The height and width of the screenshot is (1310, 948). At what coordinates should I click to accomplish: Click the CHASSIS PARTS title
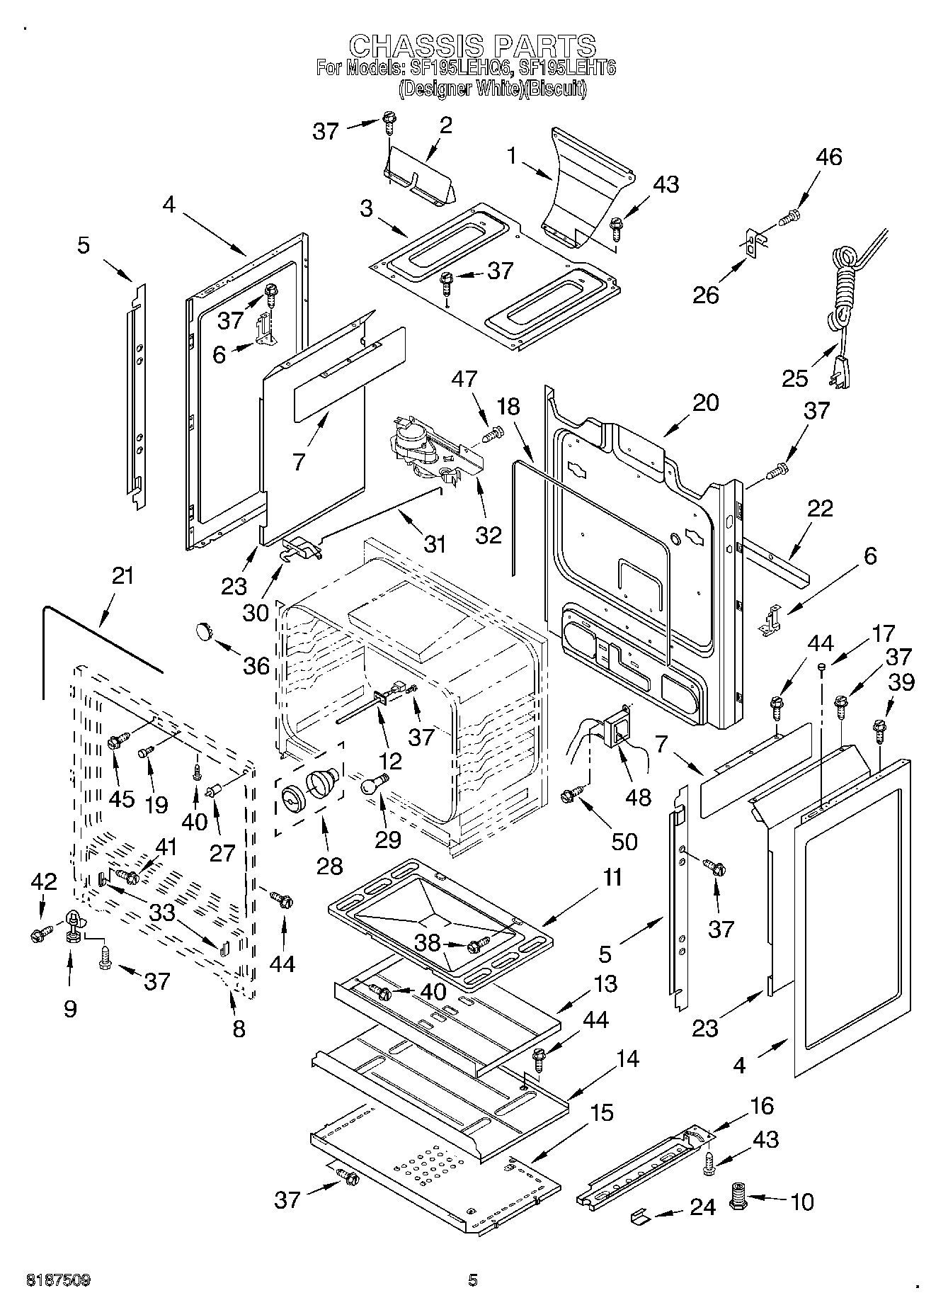pyautogui.click(x=473, y=45)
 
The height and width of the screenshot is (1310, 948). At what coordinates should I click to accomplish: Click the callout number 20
pyautogui.click(x=704, y=402)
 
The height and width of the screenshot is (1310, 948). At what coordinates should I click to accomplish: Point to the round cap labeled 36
pyautogui.click(x=205, y=630)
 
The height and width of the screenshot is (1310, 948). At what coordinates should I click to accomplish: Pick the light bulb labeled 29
pyautogui.click(x=374, y=784)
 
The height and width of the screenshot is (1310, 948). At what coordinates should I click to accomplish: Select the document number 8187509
pyautogui.click(x=58, y=1280)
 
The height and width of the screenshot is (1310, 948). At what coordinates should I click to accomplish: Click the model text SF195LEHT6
pyautogui.click(x=567, y=68)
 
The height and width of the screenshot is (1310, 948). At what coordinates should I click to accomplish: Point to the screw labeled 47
pyautogui.click(x=495, y=432)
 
